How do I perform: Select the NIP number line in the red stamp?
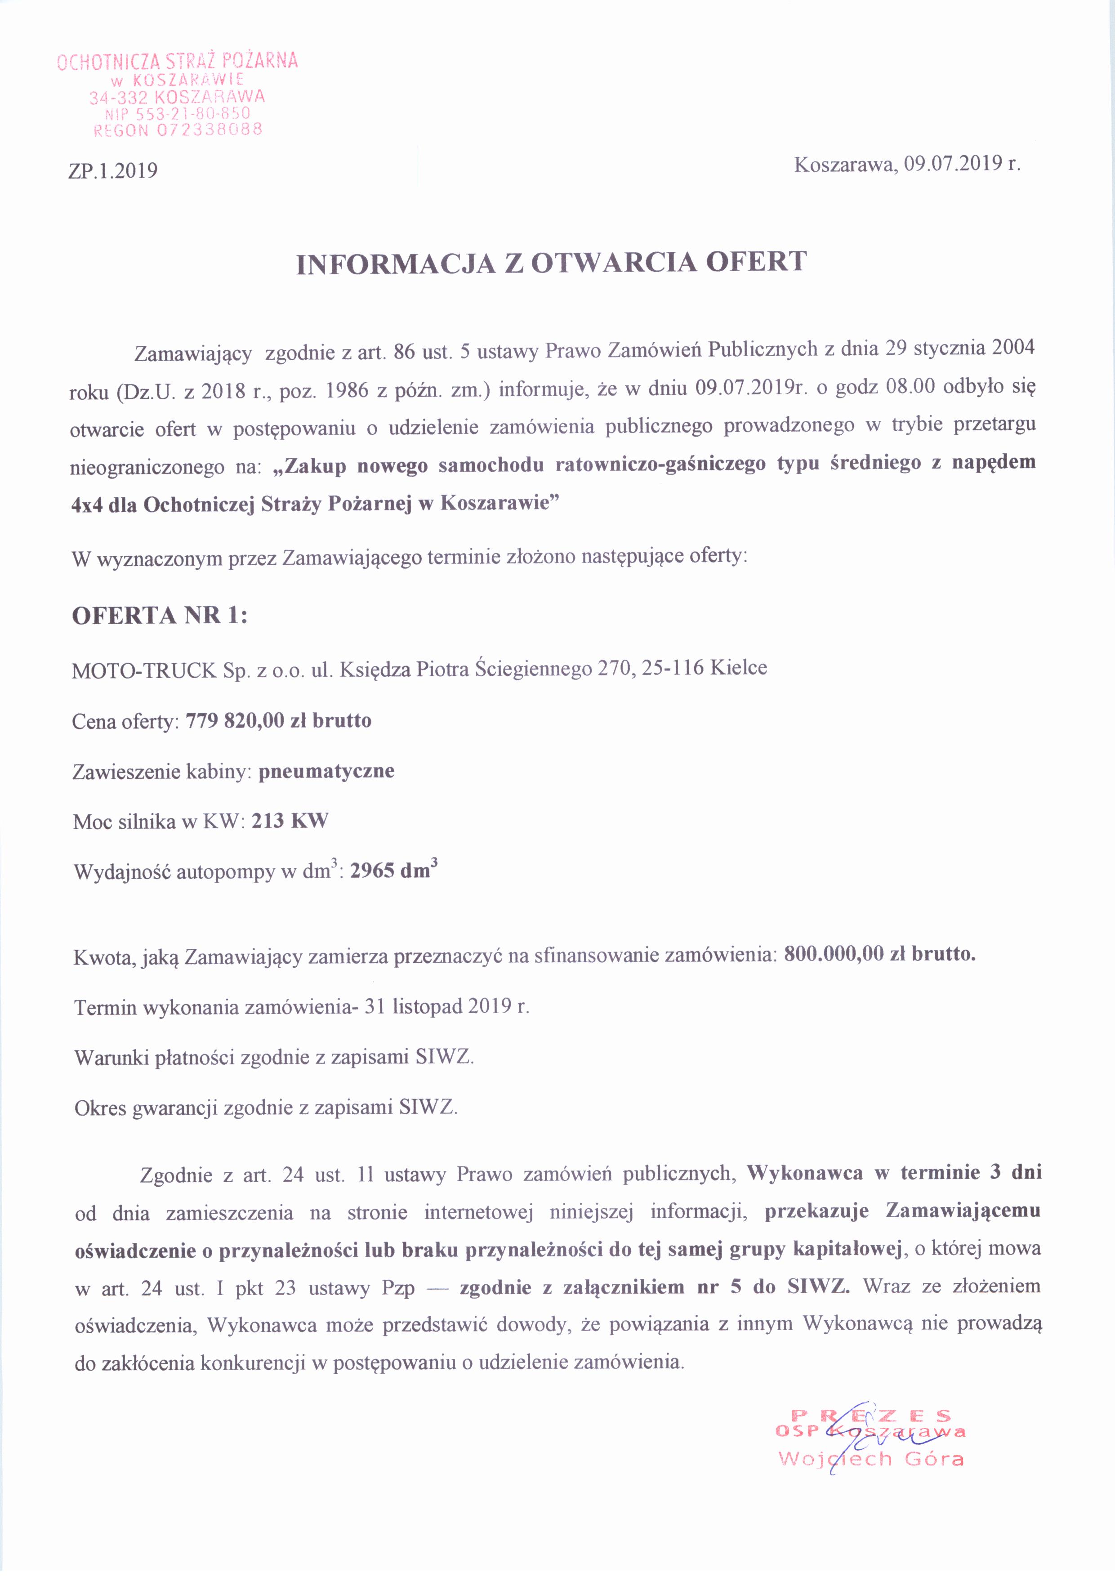point(177,113)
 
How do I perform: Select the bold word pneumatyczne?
point(326,771)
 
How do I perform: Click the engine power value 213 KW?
point(290,821)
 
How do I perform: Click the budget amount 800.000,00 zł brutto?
point(879,954)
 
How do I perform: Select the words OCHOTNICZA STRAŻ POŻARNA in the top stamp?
point(177,61)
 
